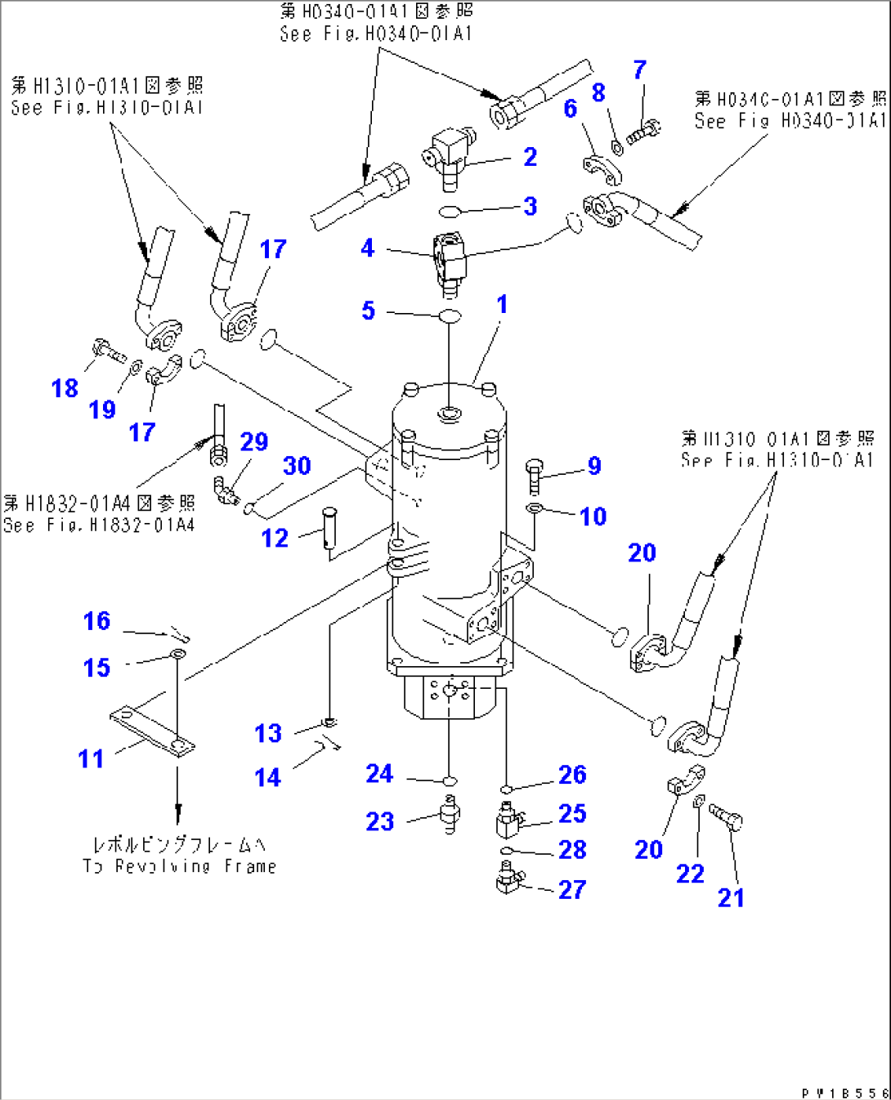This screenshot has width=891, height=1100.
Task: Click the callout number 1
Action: (x=502, y=305)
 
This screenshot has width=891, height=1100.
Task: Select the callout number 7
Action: (x=640, y=70)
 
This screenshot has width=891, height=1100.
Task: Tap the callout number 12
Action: (x=275, y=539)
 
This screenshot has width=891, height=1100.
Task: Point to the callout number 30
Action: (x=297, y=466)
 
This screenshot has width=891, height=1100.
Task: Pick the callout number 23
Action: (x=379, y=821)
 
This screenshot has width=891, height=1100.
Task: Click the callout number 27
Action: (x=572, y=889)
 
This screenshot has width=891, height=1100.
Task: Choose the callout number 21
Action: (x=731, y=898)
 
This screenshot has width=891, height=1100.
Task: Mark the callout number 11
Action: (x=91, y=759)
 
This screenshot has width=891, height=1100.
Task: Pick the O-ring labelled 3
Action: (x=449, y=212)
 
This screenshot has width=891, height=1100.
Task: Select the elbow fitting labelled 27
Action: (x=508, y=883)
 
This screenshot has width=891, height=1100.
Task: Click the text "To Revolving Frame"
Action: (x=180, y=866)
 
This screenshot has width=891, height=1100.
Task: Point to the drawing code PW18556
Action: (x=844, y=1093)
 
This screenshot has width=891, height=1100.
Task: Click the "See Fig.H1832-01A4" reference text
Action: (x=99, y=525)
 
